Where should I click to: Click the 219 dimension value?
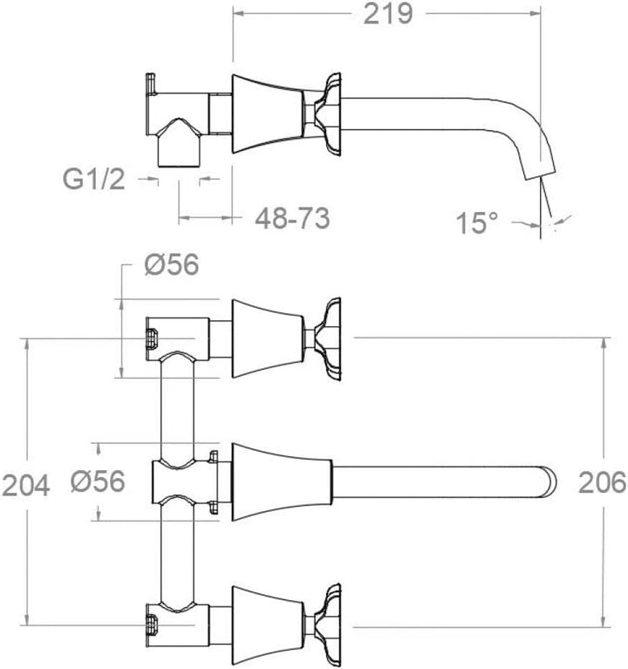pos(388,15)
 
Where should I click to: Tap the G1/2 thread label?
pos(94,179)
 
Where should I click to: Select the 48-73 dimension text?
pos(292,218)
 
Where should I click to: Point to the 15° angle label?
pos(476,222)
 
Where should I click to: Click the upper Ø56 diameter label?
pos(172,264)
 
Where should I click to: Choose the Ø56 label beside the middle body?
pos(98,481)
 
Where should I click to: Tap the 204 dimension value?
pos(26,486)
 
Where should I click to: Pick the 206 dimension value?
pos(602,483)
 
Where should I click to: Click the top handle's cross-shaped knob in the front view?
pos(327,338)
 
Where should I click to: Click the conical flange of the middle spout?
pos(282,482)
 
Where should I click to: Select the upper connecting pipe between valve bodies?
pos(177,410)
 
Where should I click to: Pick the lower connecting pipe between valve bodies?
pos(177,552)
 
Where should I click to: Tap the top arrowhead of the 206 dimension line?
pos(604,345)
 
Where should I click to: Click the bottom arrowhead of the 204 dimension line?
pos(27,619)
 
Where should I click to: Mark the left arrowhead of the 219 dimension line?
pos(239,14)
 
